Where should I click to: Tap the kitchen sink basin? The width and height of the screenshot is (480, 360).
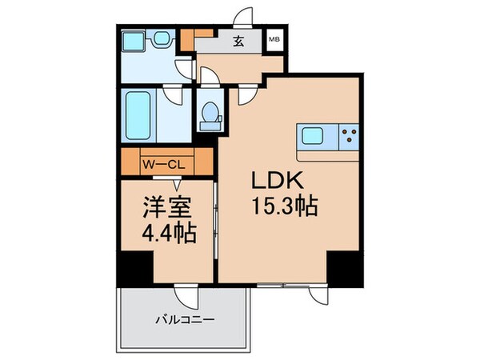[x=311, y=137]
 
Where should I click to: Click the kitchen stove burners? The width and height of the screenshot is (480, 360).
[x=349, y=137]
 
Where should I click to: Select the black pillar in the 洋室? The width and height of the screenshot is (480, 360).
[x=133, y=267]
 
